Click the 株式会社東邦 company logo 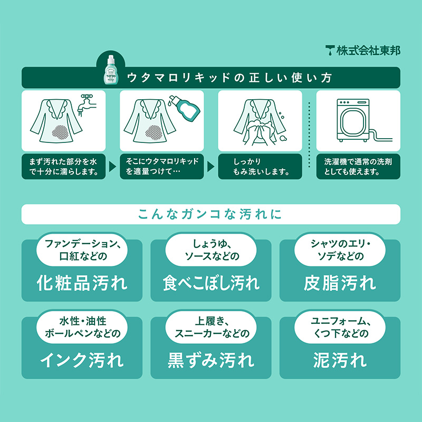point(363,51)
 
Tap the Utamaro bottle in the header point(110,70)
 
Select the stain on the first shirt point(61,132)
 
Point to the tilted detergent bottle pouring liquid point(185,108)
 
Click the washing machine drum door point(353,121)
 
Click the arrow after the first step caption point(112,167)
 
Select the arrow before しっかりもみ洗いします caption point(210,167)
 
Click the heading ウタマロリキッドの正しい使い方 point(229,78)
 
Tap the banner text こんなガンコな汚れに point(210,214)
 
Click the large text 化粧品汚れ point(82,283)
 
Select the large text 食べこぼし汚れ point(211,283)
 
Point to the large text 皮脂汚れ point(340,283)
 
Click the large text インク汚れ point(82,360)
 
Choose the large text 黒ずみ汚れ point(211,360)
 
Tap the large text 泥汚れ point(340,360)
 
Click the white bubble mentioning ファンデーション point(82,250)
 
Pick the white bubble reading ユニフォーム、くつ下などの point(340,327)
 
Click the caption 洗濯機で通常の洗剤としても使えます point(358,167)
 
